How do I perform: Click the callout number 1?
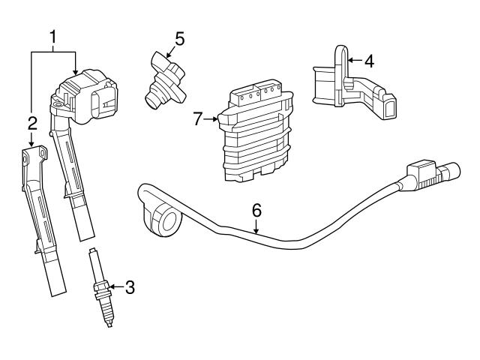pyautogui.click(x=53, y=35)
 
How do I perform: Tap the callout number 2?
pyautogui.click(x=32, y=122)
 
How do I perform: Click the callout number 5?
pyautogui.click(x=179, y=36)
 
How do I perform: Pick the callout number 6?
pyautogui.click(x=256, y=210)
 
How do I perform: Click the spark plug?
pyautogui.click(x=100, y=289)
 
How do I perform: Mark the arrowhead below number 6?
pyautogui.click(x=256, y=232)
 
